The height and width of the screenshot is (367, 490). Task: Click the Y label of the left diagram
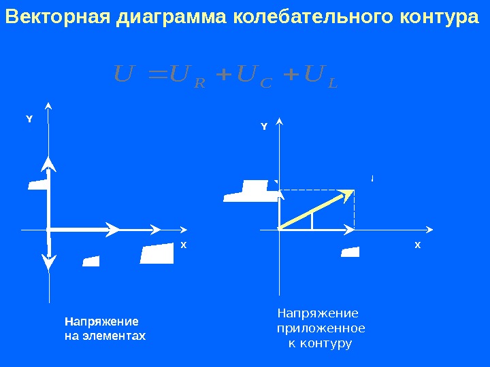tap(29, 119)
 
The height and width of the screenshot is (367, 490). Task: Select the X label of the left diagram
tap(183, 244)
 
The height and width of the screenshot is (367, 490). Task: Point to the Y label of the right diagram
tap(264, 126)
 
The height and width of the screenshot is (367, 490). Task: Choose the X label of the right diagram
tap(418, 244)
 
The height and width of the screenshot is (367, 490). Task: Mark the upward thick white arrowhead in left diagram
tap(48, 162)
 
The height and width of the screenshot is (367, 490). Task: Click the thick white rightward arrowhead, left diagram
tap(112, 230)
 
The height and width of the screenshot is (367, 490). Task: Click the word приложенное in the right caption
tap(321, 328)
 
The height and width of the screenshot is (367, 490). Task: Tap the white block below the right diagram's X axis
tap(350, 252)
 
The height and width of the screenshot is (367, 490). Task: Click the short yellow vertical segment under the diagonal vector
tap(312, 220)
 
